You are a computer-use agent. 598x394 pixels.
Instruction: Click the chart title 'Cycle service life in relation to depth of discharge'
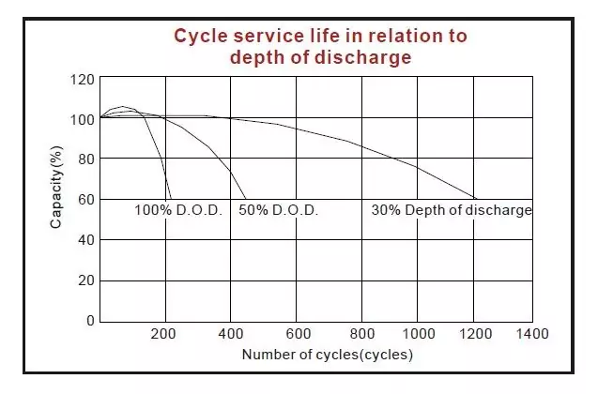point(321,46)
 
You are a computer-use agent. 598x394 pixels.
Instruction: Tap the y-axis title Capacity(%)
point(56,185)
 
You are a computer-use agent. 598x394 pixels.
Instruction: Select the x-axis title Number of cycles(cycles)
point(327,355)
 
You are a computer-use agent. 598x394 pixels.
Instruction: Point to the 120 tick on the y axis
point(83,79)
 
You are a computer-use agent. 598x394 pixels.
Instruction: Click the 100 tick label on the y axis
point(83,119)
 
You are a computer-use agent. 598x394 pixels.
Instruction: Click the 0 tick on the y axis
point(90,321)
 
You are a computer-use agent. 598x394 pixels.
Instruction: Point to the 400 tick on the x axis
point(231,333)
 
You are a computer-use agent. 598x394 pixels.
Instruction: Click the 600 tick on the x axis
point(297,333)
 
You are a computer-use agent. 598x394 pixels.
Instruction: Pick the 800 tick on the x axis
point(361,333)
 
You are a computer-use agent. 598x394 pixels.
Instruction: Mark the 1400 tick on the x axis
point(531,333)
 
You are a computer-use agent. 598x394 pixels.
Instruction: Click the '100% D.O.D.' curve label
point(177,210)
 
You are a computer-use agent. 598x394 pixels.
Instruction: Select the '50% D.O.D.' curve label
point(279,210)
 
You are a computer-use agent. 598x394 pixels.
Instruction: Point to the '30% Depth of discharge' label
point(452,210)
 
